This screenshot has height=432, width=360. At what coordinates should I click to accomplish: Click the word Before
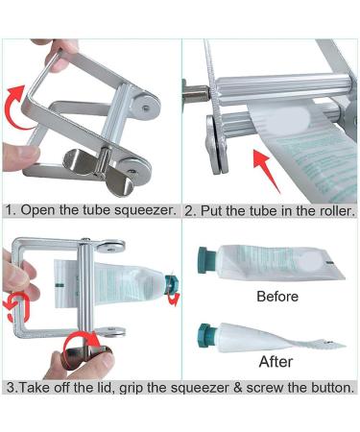click(277, 297)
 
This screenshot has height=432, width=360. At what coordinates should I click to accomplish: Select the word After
click(275, 362)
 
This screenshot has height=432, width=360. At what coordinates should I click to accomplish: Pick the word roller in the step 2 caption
click(330, 210)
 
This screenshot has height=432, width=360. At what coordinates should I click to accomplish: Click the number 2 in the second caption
click(189, 210)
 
